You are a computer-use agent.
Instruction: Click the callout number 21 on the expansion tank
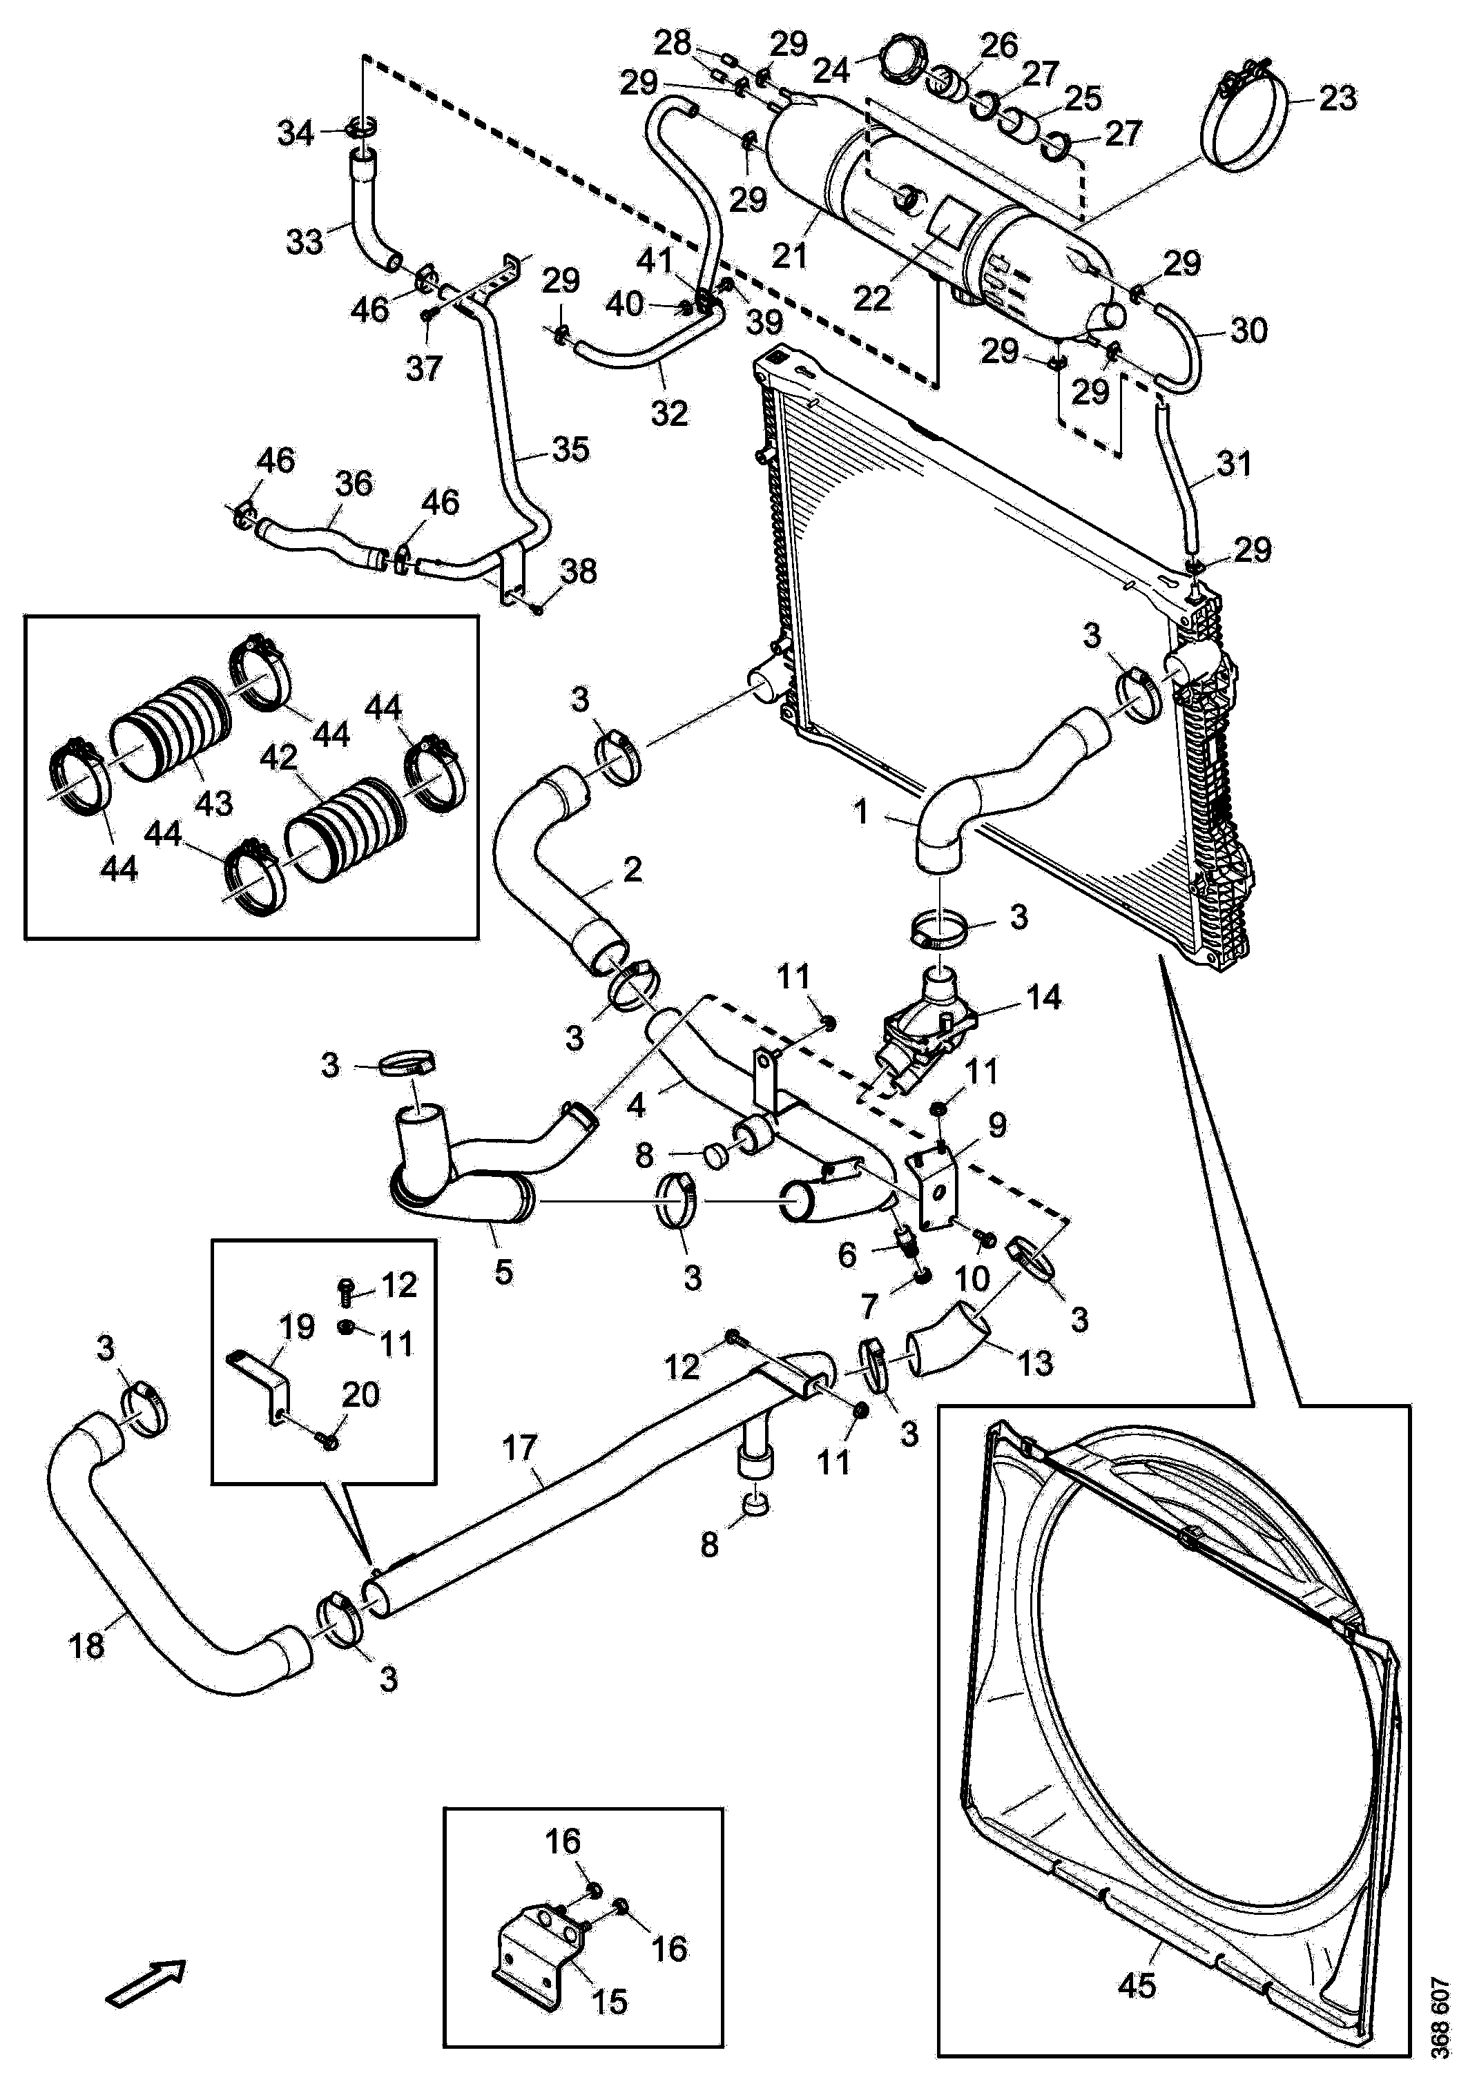click(x=789, y=255)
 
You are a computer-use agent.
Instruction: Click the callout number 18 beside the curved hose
click(x=87, y=1645)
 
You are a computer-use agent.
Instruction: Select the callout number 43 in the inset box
click(x=214, y=801)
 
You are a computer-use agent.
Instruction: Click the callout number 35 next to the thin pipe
click(x=570, y=448)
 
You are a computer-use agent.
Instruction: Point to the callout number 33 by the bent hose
click(x=305, y=242)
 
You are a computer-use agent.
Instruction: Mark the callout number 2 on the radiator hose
click(x=632, y=869)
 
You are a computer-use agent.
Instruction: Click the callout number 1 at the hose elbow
click(x=862, y=812)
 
